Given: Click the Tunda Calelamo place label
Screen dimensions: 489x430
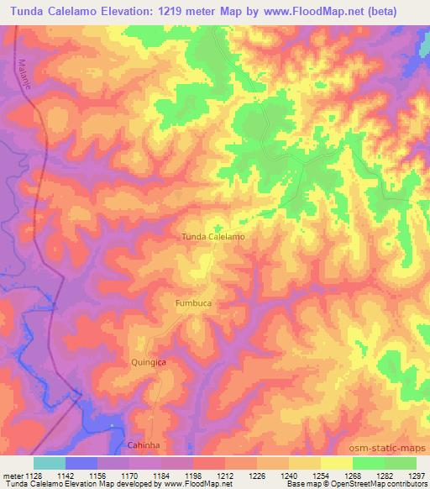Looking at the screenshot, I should pyautogui.click(x=213, y=237).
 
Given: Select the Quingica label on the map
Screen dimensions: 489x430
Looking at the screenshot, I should pyautogui.click(x=149, y=361).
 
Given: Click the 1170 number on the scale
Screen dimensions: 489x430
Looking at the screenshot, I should pyautogui.click(x=129, y=475).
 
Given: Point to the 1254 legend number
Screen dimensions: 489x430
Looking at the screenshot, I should pyautogui.click(x=320, y=475).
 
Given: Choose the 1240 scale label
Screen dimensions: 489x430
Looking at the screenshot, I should pyautogui.click(x=288, y=475).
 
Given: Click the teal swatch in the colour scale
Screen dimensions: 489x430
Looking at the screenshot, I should pyautogui.click(x=50, y=462).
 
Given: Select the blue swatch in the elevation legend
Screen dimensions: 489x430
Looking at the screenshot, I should pyautogui.click(x=81, y=462).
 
